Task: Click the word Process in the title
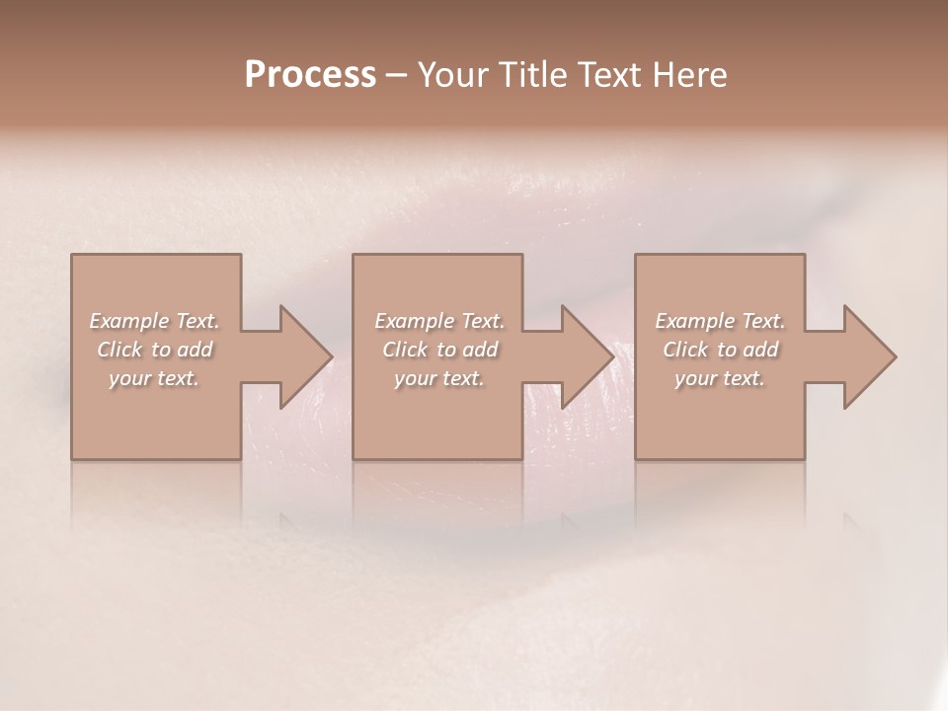tap(310, 75)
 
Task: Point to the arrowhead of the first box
tap(301, 356)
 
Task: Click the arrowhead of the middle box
tap(584, 356)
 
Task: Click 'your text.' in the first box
tap(154, 378)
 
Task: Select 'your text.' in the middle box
tap(438, 378)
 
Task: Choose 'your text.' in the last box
tap(720, 378)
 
